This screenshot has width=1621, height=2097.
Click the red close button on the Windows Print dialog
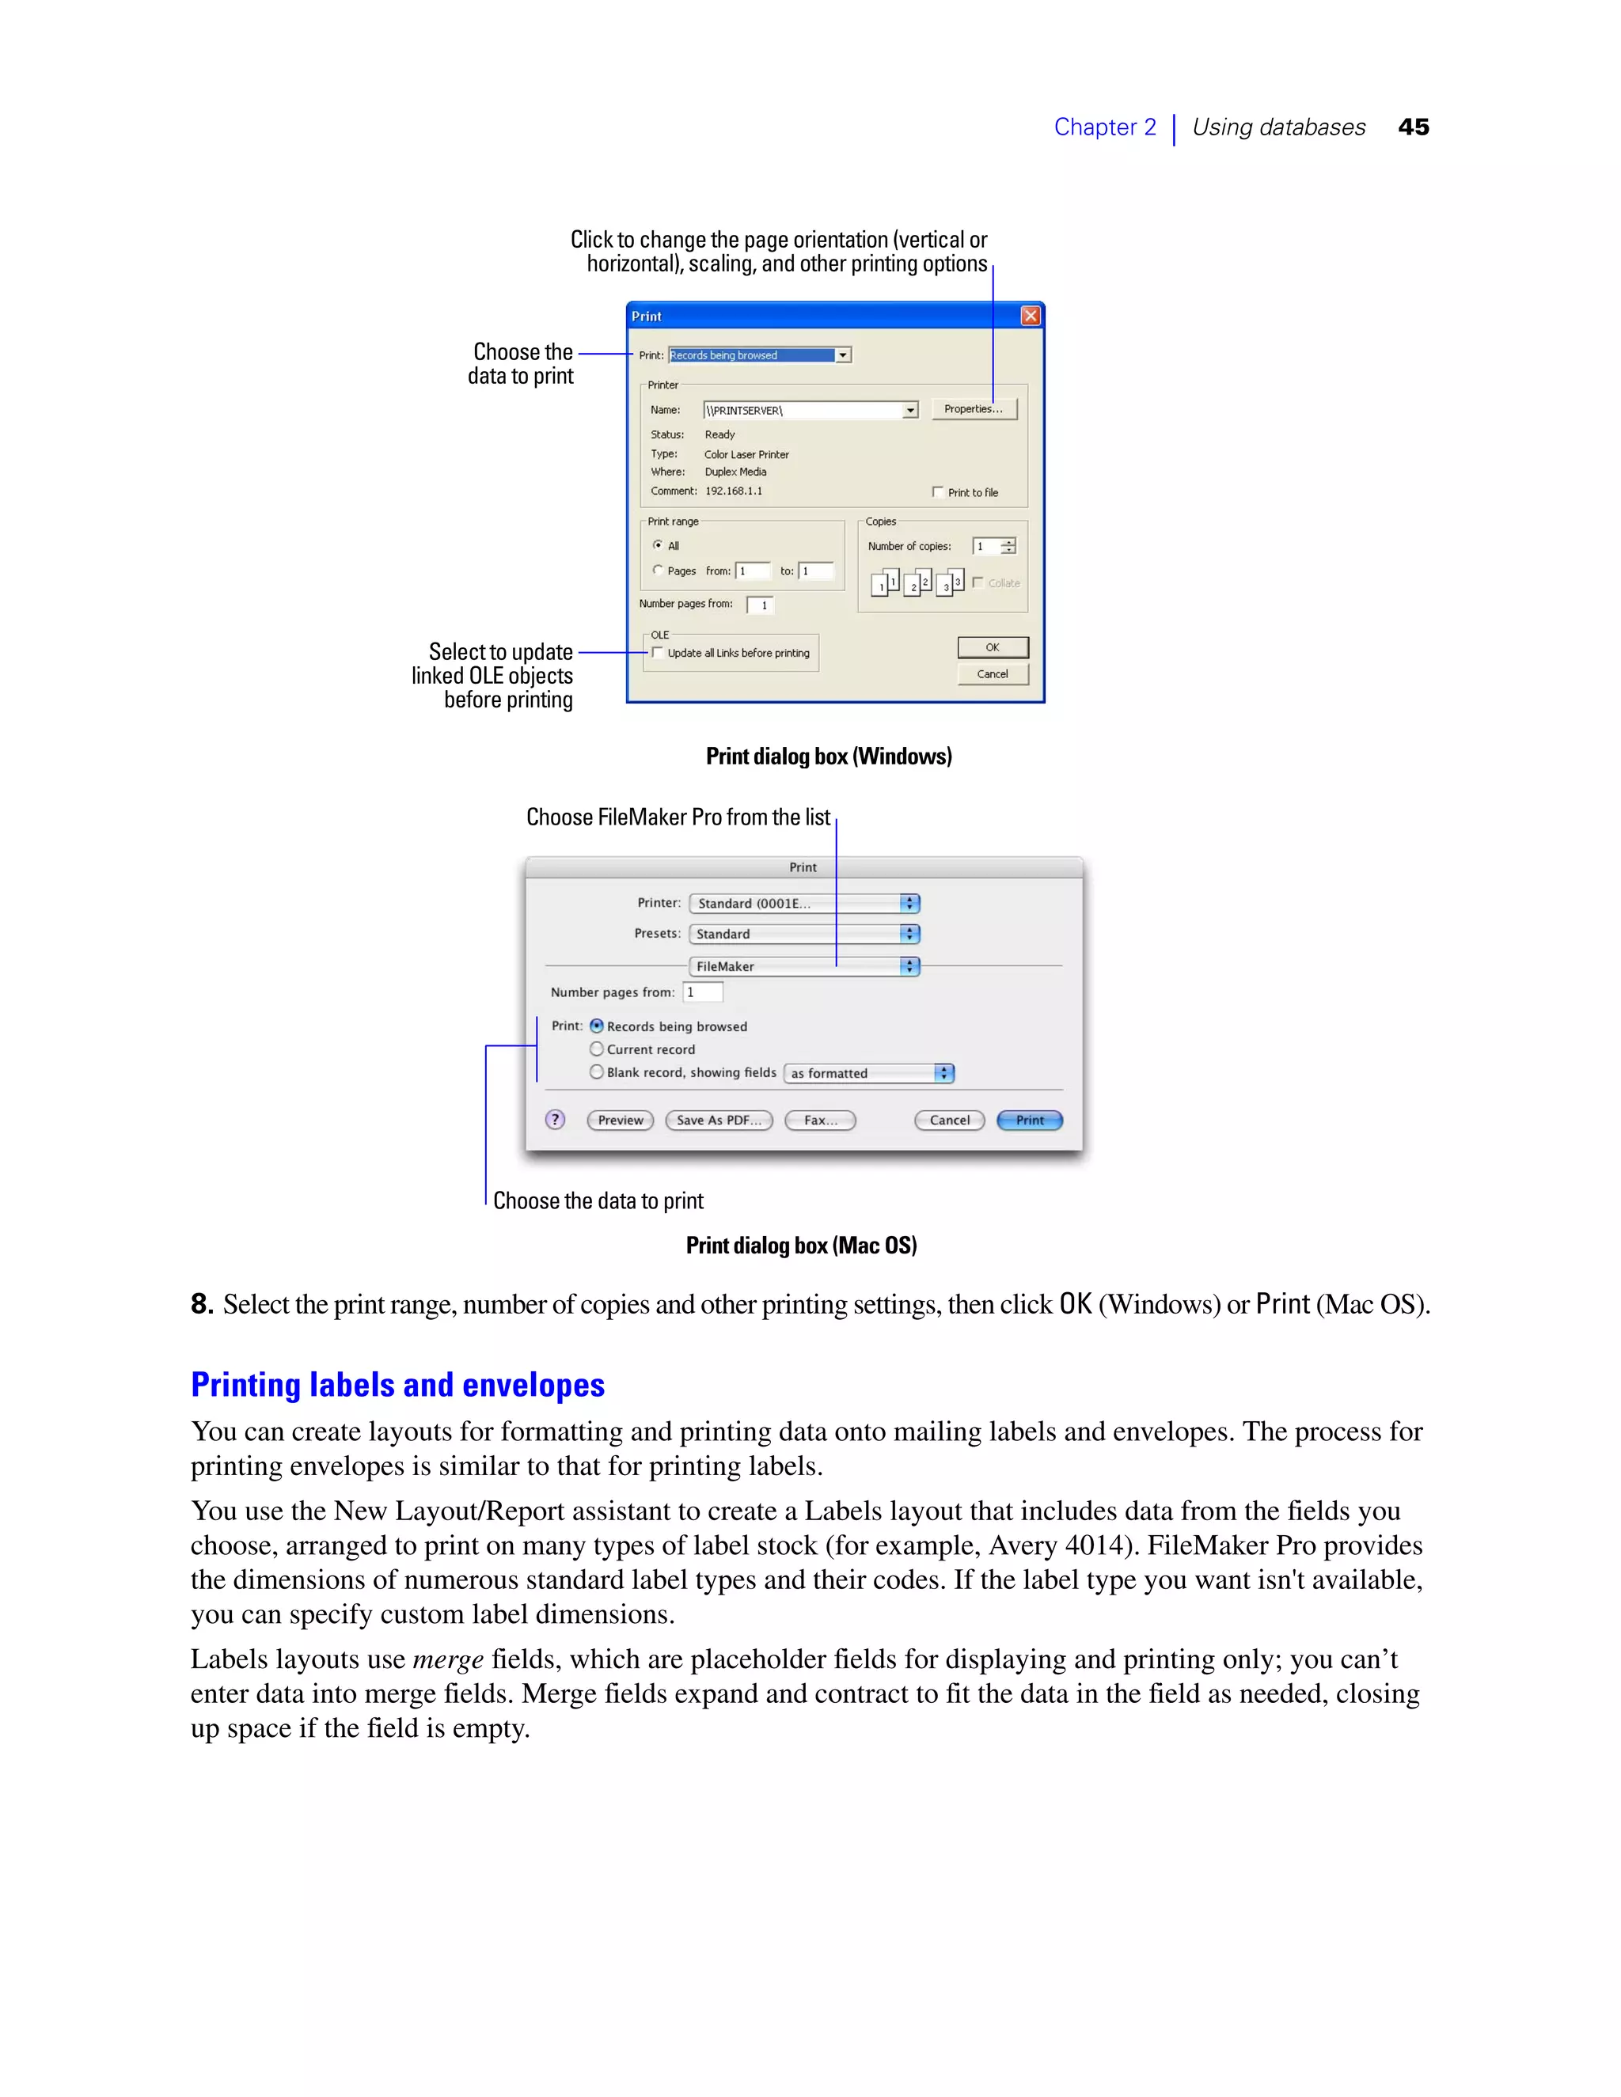[1031, 316]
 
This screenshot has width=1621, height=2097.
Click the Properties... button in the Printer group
[973, 409]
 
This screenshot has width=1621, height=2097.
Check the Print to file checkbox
[938, 491]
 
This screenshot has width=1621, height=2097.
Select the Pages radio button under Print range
[658, 571]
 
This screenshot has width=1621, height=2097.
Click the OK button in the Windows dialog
[992, 647]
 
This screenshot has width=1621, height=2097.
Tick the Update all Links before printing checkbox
[658, 653]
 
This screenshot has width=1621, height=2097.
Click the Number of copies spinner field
[986, 546]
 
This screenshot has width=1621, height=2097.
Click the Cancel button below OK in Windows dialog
[992, 674]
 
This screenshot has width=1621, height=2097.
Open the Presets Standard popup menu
[805, 933]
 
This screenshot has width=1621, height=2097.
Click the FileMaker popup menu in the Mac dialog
[805, 966]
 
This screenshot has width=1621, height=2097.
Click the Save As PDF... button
[719, 1121]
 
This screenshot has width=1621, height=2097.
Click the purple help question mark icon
[555, 1120]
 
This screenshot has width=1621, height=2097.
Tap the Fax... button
[820, 1121]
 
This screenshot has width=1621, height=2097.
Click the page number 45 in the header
[1413, 127]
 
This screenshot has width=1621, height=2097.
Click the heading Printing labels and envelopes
[397, 1385]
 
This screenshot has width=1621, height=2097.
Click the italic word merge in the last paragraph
[447, 1660]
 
